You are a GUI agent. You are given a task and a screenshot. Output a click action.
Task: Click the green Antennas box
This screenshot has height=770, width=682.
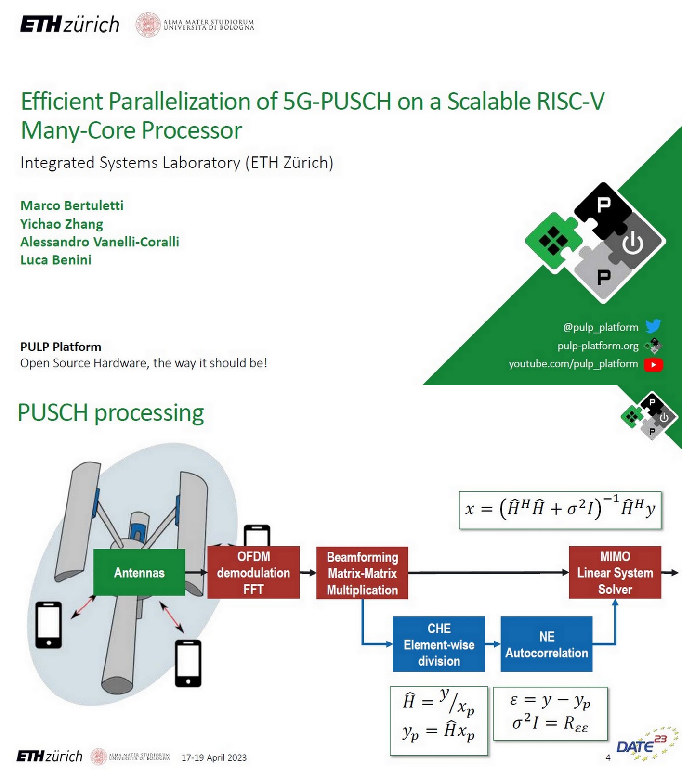[139, 572]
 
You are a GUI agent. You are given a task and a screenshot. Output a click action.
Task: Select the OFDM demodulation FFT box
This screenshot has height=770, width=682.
[253, 572]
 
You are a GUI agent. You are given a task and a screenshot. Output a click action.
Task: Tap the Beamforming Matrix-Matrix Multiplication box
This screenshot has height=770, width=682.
[362, 573]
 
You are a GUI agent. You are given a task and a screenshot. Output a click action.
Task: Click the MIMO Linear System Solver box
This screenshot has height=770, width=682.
[615, 572]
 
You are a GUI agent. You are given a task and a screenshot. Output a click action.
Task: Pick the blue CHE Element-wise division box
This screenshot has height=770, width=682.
[439, 644]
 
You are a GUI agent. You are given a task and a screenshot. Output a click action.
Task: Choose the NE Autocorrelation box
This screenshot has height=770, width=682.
[546, 644]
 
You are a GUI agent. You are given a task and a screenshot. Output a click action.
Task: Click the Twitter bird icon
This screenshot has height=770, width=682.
[653, 326]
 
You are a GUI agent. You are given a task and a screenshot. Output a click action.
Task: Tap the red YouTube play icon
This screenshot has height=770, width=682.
[654, 364]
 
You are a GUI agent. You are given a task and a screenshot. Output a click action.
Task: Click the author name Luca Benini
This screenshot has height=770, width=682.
[56, 260]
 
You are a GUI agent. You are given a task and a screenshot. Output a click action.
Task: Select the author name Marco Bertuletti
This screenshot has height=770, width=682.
[72, 205]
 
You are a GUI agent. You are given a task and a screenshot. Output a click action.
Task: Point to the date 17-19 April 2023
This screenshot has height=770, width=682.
[214, 757]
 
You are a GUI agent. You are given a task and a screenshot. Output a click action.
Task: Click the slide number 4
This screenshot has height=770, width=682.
[608, 757]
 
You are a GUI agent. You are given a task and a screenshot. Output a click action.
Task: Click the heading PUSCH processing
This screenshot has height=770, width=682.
[111, 413]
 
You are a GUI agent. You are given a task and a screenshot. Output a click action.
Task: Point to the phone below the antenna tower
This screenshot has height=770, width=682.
[188, 663]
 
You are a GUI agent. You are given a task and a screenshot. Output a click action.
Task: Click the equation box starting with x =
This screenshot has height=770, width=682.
[560, 510]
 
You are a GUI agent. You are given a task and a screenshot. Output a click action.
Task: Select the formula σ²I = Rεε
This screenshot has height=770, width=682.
[550, 723]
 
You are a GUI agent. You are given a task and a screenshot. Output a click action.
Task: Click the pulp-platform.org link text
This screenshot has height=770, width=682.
[598, 346]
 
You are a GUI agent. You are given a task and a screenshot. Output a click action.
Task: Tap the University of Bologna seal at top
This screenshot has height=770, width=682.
[148, 25]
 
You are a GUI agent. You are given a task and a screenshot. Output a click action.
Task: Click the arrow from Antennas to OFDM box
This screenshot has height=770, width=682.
[196, 572]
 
